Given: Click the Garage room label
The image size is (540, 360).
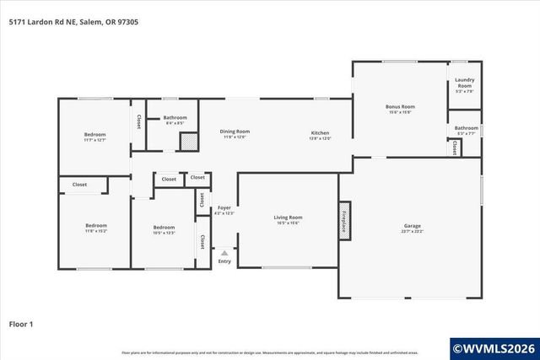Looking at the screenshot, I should [412, 225].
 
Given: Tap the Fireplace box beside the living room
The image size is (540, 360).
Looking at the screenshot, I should [344, 222].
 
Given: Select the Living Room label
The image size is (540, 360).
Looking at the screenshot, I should [288, 218].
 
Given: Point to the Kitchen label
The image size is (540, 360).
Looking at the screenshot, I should [320, 133].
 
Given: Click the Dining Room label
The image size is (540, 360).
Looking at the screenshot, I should [235, 131].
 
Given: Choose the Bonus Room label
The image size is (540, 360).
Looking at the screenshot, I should [400, 106].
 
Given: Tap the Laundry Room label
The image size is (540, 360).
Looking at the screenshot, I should [464, 83].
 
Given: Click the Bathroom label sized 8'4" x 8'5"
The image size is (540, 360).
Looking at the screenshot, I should [175, 117].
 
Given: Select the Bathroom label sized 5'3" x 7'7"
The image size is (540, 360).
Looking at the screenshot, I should [466, 128].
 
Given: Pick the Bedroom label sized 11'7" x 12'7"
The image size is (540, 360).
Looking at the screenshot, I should [94, 135].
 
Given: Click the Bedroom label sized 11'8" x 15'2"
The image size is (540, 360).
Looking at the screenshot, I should [95, 225].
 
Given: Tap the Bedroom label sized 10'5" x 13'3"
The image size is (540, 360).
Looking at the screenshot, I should [164, 227].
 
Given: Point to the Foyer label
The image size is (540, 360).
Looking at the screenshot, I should [224, 207].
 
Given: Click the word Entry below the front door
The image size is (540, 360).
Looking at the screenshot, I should [224, 261].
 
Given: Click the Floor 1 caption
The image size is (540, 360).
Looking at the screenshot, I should [20, 323].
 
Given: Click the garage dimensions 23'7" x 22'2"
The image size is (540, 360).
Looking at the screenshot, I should [412, 231].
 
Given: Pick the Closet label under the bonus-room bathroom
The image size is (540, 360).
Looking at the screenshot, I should [454, 148].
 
